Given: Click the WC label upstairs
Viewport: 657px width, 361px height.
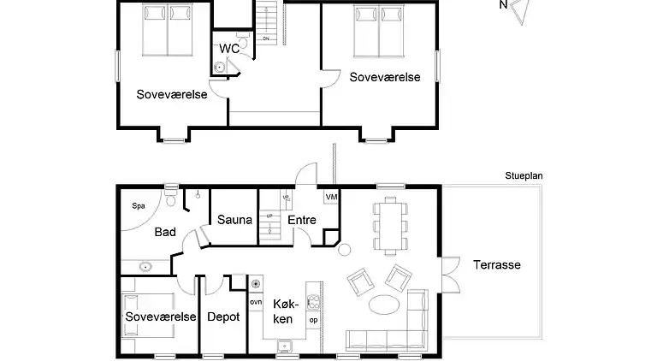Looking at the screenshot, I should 229,49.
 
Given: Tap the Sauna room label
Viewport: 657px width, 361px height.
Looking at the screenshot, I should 234,220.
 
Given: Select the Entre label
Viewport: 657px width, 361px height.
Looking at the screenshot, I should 301,220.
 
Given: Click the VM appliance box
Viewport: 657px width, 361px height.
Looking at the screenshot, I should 331,198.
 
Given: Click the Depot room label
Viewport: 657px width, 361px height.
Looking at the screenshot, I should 222,317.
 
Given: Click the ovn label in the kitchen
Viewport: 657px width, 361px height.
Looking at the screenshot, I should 255,302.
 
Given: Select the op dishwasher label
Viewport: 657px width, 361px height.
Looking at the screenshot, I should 313,320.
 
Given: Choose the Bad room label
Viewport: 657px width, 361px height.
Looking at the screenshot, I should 165,232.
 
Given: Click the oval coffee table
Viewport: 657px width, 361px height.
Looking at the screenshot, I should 385,304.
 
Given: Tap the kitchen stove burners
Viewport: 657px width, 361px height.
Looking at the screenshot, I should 313,300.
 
